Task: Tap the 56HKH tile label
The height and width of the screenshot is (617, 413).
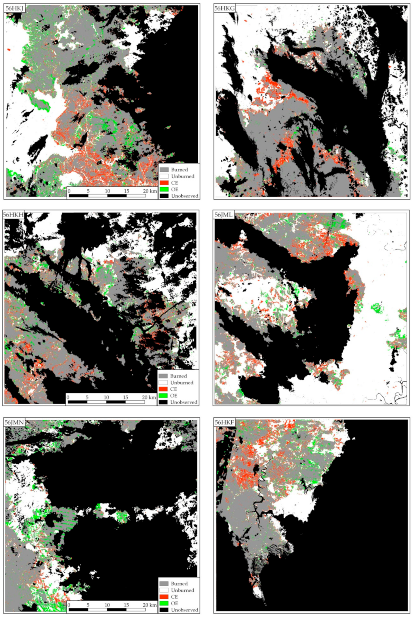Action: click(x=13, y=215)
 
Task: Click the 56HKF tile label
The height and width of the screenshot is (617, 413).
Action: click(x=224, y=422)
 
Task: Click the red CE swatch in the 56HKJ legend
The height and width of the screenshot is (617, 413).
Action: click(x=164, y=183)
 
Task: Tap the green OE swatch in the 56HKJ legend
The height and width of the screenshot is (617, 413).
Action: click(x=164, y=189)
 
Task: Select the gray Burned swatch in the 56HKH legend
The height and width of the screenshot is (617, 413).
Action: click(x=163, y=376)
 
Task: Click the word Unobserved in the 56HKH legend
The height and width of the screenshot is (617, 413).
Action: click(x=184, y=402)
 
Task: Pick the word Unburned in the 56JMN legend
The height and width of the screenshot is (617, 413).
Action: click(x=182, y=590)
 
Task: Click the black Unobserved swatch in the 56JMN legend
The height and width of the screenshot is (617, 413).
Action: click(x=164, y=610)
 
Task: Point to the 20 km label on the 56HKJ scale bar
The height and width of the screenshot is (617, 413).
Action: click(x=150, y=191)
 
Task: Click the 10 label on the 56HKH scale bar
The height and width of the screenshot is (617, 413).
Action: click(x=106, y=397)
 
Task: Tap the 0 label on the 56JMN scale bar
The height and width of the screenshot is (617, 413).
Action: click(x=69, y=605)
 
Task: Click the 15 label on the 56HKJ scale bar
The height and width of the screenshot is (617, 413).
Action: click(x=126, y=191)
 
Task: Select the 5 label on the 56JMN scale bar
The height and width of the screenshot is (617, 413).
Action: click(x=88, y=605)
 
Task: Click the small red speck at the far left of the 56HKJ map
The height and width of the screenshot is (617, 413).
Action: click(x=8, y=50)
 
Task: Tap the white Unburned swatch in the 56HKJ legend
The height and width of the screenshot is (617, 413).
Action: click(x=164, y=176)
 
